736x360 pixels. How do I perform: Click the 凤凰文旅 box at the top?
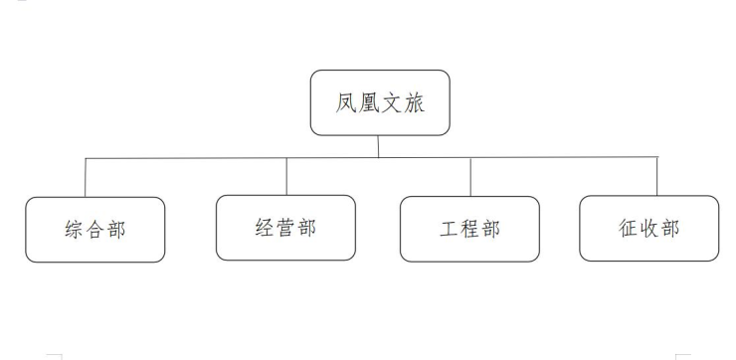point(380,102)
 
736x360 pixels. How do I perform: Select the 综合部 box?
point(95,230)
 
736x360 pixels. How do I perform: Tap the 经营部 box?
point(285,228)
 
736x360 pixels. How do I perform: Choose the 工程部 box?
point(469,229)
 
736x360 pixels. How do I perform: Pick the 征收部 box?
point(648,228)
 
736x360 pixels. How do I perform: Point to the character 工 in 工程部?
point(449,229)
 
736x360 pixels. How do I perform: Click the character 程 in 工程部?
point(469,229)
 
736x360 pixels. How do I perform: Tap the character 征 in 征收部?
point(628,228)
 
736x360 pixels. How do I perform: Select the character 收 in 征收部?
point(648,228)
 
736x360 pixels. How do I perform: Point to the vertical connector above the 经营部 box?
point(286,176)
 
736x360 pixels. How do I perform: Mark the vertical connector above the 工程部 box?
point(470,177)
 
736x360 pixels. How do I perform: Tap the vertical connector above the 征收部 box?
point(657,176)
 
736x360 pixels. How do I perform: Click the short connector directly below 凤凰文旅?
point(378,146)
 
